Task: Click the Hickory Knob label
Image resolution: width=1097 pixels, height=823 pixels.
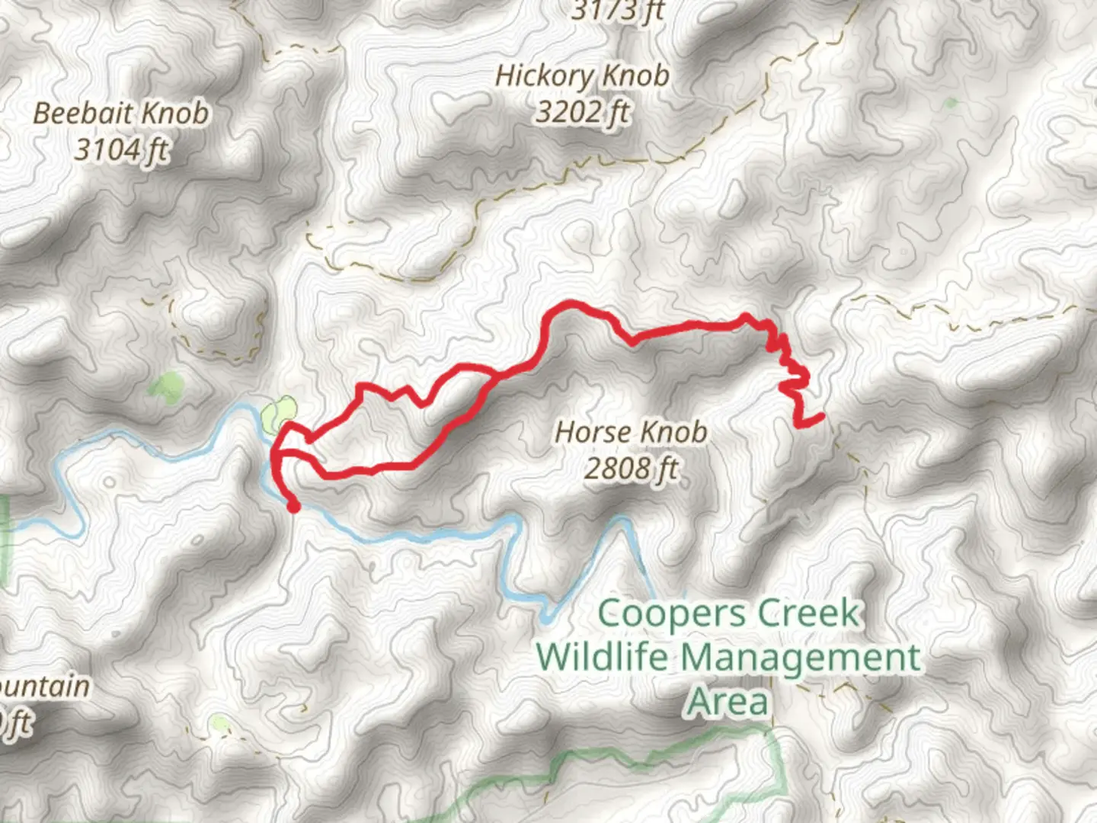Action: point(582,76)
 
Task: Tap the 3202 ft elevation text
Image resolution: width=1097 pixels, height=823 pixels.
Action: point(582,113)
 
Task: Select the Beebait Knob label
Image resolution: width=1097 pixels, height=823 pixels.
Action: point(120,114)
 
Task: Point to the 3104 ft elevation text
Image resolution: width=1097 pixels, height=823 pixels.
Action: point(120,149)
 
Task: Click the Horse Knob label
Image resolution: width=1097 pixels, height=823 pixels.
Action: point(631,432)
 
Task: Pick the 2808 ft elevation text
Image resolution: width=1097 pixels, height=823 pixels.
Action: point(631,468)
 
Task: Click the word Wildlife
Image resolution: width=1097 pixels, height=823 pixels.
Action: point(602,657)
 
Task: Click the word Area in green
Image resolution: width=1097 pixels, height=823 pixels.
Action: point(728,701)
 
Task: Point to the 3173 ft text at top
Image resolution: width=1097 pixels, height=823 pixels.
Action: point(617,11)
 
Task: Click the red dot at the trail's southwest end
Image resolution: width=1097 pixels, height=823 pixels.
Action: point(293,506)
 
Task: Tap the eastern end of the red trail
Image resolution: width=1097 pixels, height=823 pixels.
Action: point(821,416)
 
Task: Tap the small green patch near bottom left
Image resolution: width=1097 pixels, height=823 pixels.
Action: point(219,722)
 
